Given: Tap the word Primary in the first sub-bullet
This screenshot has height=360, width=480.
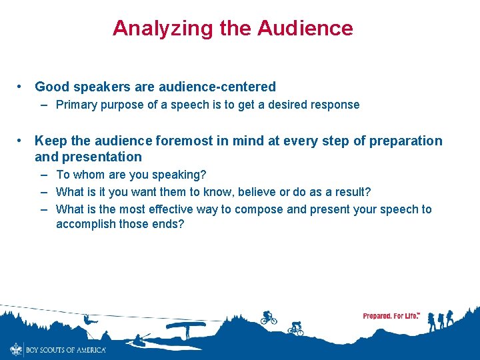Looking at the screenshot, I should tap(77, 105).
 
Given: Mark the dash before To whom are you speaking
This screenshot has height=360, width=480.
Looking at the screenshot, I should tap(43, 175).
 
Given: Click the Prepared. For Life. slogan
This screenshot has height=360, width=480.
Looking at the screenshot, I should tap(391, 316).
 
